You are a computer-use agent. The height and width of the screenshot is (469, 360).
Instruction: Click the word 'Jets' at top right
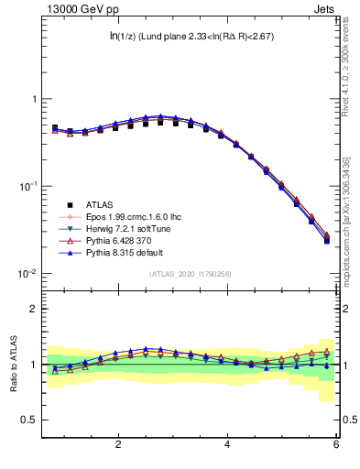point(324,10)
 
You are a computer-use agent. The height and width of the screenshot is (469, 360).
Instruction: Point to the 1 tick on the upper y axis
point(34,99)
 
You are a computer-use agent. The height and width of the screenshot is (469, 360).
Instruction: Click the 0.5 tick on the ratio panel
point(29,420)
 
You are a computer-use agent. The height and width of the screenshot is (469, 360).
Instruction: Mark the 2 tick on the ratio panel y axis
point(34,309)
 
